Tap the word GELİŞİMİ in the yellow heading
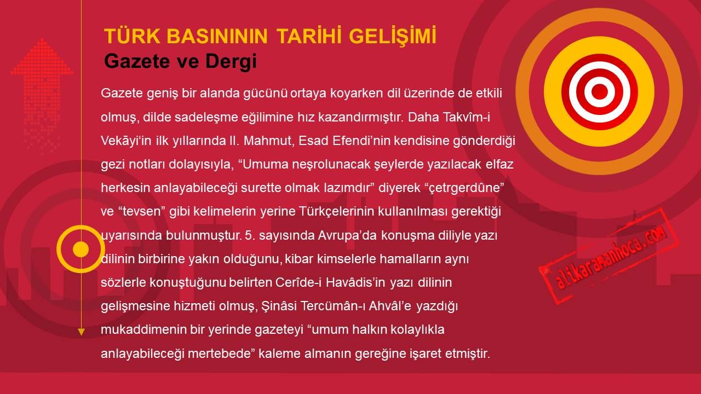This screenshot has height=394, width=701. click(393, 37)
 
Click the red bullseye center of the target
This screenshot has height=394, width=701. click(599, 92)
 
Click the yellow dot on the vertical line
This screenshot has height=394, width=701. click(81, 249)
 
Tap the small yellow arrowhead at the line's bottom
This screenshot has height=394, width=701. click(81, 332)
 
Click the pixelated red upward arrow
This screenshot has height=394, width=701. click(42, 94)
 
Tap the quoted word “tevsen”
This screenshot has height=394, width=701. click(142, 211)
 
